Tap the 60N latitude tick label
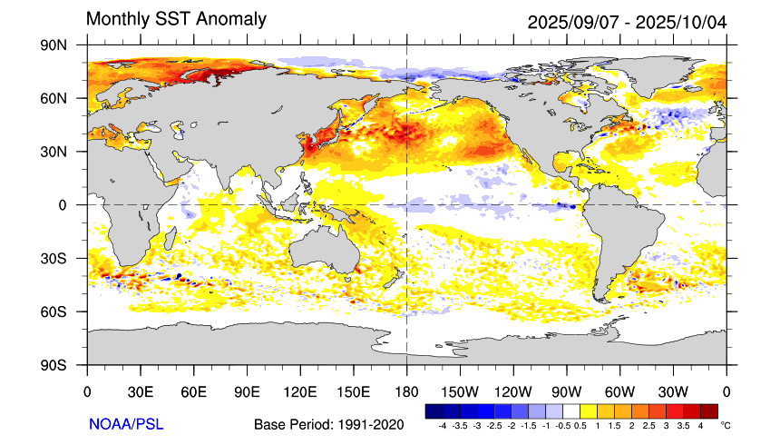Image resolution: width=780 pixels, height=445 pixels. click(x=66, y=98)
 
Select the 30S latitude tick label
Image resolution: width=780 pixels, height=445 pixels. click(x=66, y=258)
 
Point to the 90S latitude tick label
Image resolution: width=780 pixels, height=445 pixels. click(x=66, y=365)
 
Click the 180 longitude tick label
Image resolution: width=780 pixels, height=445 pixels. click(x=405, y=392)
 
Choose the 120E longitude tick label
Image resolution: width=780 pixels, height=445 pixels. click(x=300, y=392)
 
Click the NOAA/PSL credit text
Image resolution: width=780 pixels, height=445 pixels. click(x=126, y=424)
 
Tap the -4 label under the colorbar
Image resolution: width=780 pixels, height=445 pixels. click(x=442, y=425)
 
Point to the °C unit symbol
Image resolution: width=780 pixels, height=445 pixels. click(x=725, y=425)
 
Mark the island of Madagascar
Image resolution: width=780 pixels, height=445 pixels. click(x=170, y=239)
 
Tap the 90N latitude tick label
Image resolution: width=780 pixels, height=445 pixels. click(x=66, y=44)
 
